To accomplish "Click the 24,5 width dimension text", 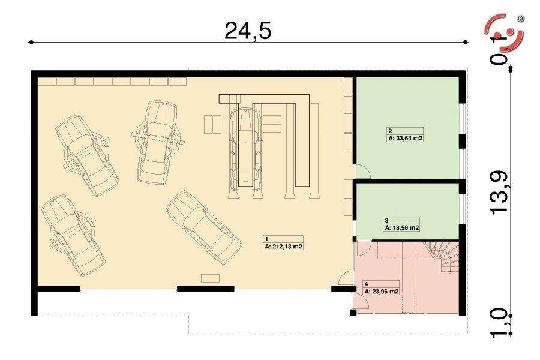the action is point(248,31).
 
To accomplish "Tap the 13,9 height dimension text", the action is point(499,193).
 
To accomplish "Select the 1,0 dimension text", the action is point(499,323).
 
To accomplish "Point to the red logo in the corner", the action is point(504,32).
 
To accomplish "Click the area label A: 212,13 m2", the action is point(284,247).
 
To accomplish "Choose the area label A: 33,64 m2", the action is point(406,139).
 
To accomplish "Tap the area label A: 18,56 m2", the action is point(402,228).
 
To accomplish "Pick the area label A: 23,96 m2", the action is point(382,292).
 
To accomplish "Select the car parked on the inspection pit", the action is point(245,149).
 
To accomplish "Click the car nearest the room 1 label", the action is point(204,227).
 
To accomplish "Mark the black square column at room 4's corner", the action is point(353,313).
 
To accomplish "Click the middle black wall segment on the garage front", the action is point(206,289).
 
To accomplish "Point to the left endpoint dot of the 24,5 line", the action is point(31,42).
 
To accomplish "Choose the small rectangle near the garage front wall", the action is point(210,278).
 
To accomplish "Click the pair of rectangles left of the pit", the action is point(212,124).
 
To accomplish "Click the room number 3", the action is point(387,220).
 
